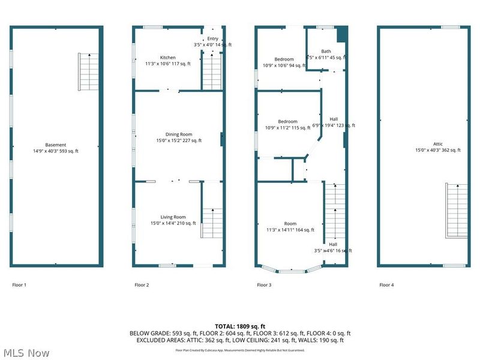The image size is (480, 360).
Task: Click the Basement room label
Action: point(55,145)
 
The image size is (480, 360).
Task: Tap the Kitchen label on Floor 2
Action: point(167,57)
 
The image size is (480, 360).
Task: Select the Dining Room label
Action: point(179,134)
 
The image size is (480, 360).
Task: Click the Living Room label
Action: point(173,217)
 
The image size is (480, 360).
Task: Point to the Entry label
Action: point(213,38)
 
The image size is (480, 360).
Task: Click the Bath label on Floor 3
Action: point(326,52)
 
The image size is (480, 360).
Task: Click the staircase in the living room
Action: point(211,223)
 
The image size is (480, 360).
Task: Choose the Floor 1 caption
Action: point(19,285)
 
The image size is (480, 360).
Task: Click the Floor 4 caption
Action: point(386,285)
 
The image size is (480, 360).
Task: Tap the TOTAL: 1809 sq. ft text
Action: point(240,326)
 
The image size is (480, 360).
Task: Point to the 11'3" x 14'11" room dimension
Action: point(290,229)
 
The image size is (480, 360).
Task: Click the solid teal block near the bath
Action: point(342,34)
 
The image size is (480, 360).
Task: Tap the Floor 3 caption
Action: point(264,285)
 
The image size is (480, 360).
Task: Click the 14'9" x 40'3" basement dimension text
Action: point(55,151)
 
